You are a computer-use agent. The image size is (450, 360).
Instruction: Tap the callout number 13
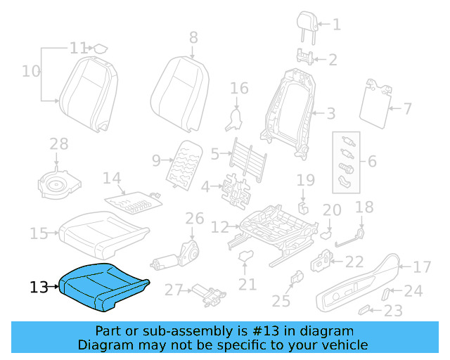coord(39,287)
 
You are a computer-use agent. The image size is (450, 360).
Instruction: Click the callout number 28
coord(59,144)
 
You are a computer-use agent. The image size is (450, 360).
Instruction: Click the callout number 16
coord(240,88)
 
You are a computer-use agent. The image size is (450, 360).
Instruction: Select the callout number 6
coord(372,162)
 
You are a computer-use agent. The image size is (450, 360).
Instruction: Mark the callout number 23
coord(393,311)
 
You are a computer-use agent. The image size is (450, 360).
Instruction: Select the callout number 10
coord(31,71)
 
